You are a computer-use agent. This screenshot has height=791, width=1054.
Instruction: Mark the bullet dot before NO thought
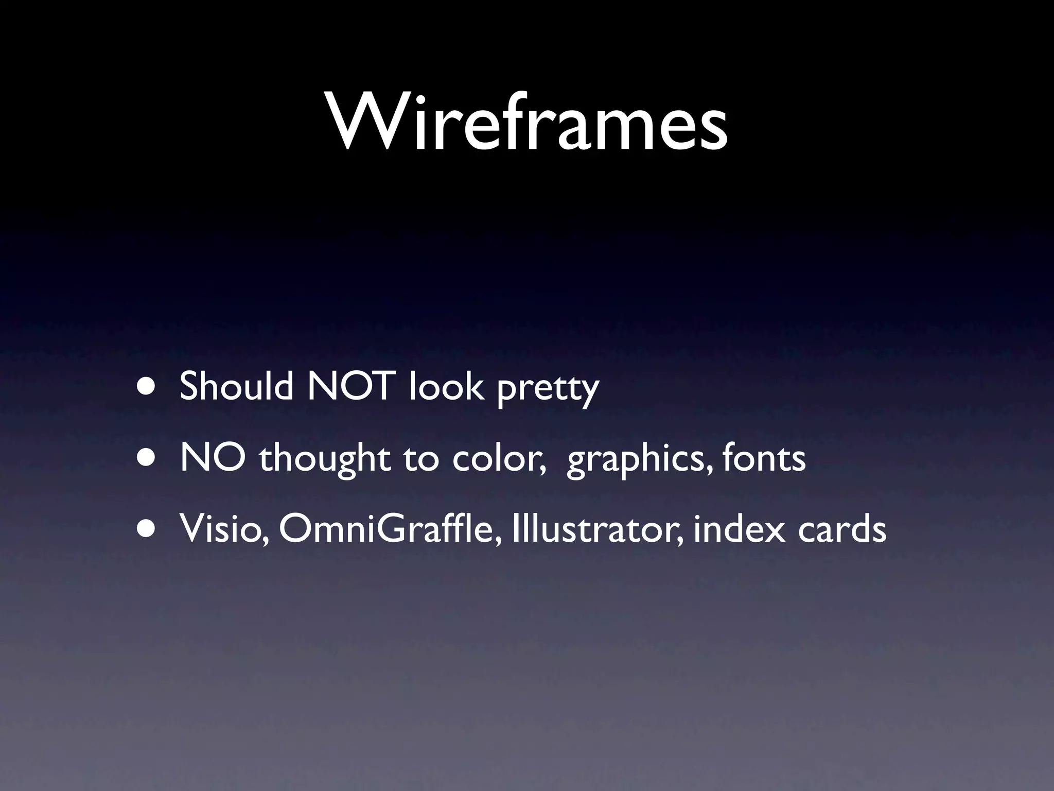(x=148, y=458)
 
